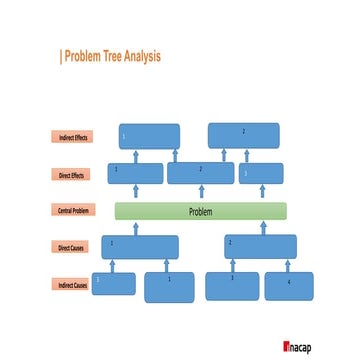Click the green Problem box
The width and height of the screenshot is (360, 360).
tap(200, 211)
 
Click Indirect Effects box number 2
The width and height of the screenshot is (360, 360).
tap(243, 136)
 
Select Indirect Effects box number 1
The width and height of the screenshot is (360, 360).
tap(149, 136)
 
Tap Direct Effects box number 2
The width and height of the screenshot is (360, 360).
tap(201, 173)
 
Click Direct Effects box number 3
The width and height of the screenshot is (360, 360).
tap(260, 173)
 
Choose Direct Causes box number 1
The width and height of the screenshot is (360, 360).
tap(140, 247)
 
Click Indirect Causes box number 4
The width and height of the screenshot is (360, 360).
tap(289, 286)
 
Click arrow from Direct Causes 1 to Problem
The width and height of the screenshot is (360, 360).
tap(139, 227)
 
